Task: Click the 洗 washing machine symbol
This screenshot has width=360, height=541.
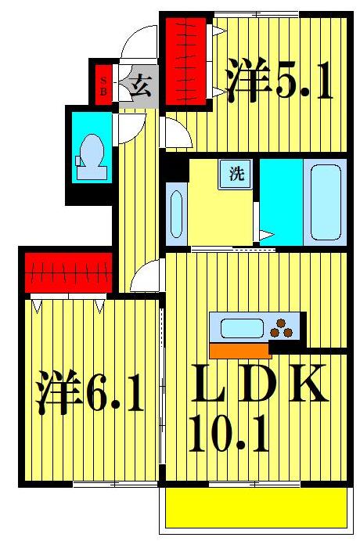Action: [236, 173]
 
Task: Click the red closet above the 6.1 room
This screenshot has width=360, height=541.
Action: [67, 272]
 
